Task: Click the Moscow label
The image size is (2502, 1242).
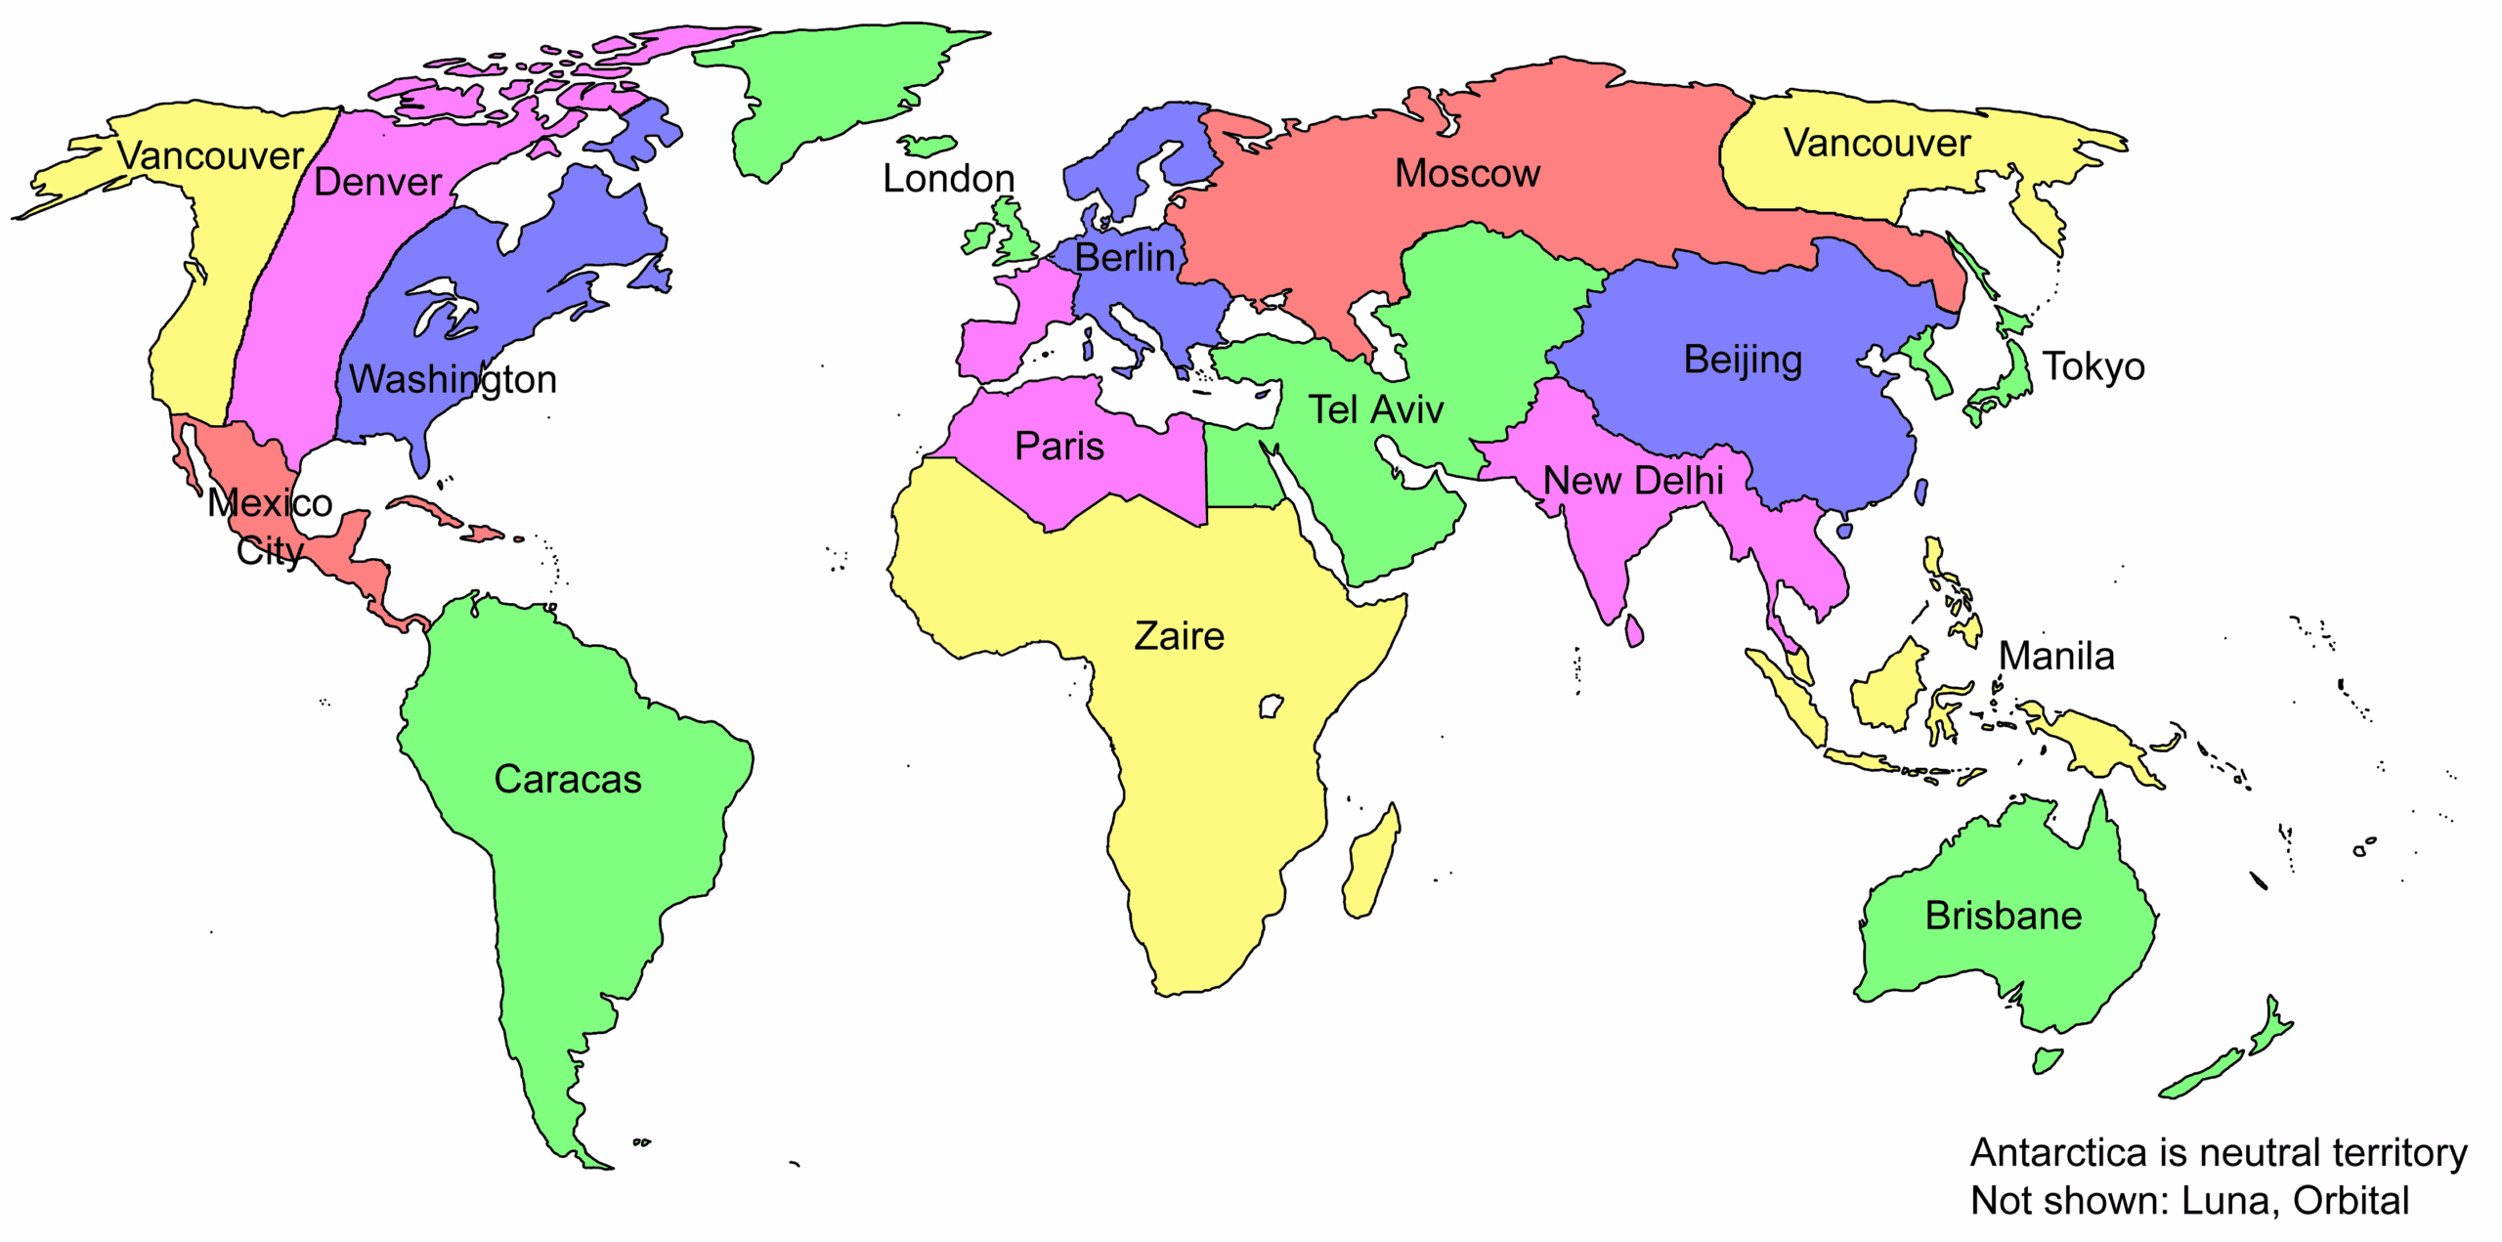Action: click(1466, 174)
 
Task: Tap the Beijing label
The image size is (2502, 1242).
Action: click(1743, 360)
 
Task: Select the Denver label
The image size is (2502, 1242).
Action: click(377, 183)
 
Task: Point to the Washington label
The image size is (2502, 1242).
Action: click(453, 379)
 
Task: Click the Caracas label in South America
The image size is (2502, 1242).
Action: click(568, 780)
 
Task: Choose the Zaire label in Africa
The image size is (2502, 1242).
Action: click(1179, 636)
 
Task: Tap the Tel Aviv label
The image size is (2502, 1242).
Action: click(1375, 409)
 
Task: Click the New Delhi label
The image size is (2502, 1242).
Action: click(1633, 481)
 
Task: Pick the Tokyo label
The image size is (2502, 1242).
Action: click(2093, 366)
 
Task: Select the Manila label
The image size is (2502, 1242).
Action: click(2056, 656)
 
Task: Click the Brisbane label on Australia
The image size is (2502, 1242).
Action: click(2003, 917)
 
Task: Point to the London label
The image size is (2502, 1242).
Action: click(948, 179)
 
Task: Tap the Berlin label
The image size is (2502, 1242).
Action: click(1124, 258)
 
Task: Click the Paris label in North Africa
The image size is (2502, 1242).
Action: click(1059, 447)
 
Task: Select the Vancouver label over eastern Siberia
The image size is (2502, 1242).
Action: click(1876, 144)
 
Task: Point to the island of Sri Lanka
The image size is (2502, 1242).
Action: click(1633, 630)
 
